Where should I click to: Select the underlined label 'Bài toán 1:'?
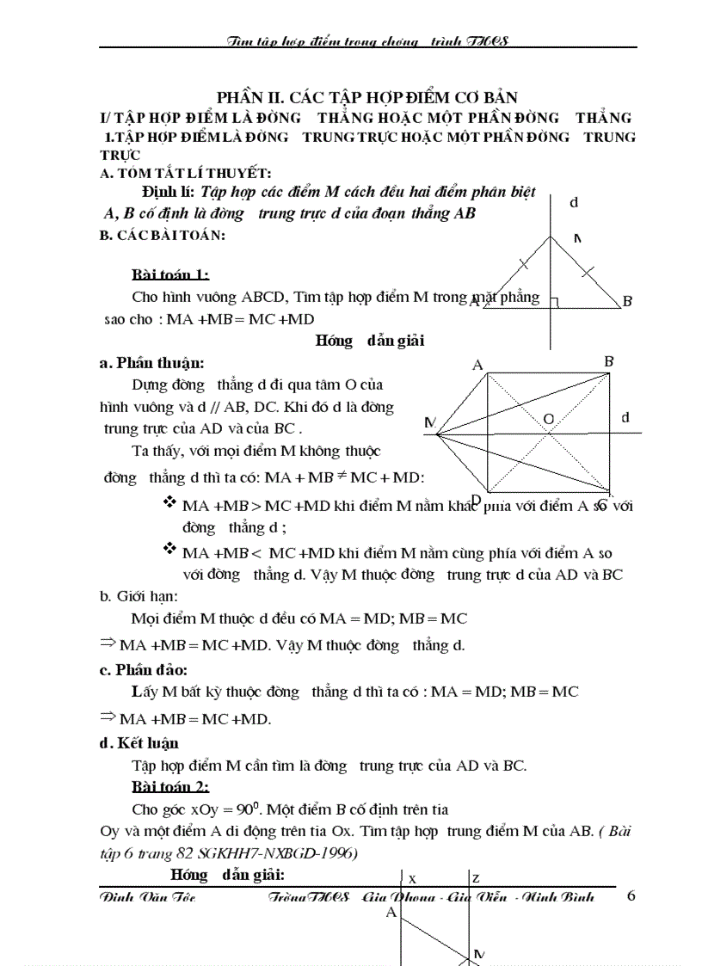[x=169, y=275]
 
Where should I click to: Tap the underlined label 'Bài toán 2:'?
[x=169, y=787]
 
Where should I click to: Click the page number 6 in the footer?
[x=631, y=896]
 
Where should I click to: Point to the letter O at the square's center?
[x=547, y=419]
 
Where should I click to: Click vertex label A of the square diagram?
[x=477, y=366]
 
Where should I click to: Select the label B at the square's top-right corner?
[x=608, y=361]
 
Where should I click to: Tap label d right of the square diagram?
[x=625, y=418]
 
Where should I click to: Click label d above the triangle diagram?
[x=573, y=202]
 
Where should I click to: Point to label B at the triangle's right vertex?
[x=627, y=301]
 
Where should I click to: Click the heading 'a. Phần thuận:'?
[x=152, y=363]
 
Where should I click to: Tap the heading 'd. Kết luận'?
[x=139, y=743]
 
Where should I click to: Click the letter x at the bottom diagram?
[x=413, y=879]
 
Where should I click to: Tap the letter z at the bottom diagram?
[x=476, y=878]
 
